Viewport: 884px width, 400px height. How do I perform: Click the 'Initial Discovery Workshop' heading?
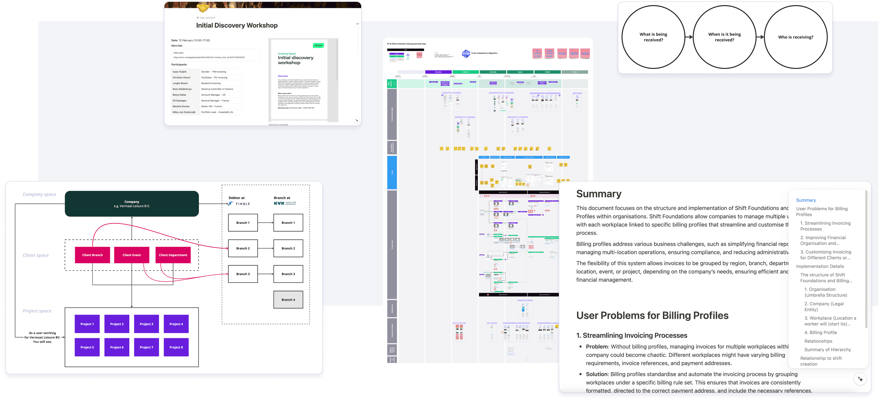237,25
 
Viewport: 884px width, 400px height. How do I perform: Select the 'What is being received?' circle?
653,37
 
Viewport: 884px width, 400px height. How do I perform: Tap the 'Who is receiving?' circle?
795,37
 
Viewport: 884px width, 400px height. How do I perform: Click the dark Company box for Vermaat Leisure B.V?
132,204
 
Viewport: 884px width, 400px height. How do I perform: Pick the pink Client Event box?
131,255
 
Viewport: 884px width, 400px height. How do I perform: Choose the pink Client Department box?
173,255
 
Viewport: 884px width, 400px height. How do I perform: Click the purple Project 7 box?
147,347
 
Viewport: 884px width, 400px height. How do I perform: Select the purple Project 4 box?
176,324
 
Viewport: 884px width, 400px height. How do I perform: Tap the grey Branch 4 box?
288,299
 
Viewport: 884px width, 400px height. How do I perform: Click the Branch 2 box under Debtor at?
243,248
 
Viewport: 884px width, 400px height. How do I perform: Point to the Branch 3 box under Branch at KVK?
288,274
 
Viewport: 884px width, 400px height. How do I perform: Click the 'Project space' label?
37,311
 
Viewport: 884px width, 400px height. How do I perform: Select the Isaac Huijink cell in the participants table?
180,72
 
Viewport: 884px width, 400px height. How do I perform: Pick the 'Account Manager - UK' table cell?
213,95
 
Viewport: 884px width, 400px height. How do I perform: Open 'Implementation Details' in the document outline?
820,266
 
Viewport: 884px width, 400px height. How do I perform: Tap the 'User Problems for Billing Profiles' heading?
652,315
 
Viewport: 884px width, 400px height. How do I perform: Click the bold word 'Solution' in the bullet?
597,374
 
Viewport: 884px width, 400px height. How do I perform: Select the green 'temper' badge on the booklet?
318,45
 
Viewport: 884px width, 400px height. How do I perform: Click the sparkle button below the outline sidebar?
860,379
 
